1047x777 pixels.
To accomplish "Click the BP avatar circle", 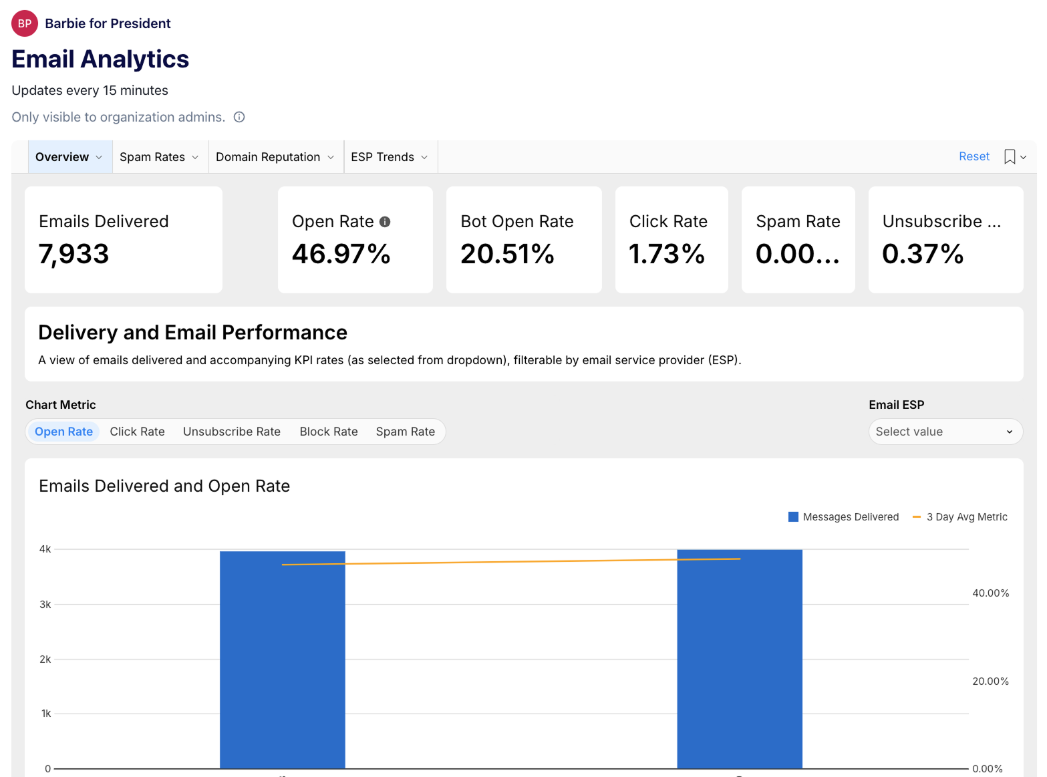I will pyautogui.click(x=25, y=23).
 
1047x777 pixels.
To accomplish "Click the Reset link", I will pyautogui.click(x=974, y=156).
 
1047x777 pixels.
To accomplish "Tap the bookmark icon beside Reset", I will pyautogui.click(x=1010, y=157).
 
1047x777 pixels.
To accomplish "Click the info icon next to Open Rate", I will pyautogui.click(x=385, y=222).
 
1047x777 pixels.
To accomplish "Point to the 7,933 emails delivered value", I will pyautogui.click(x=73, y=254).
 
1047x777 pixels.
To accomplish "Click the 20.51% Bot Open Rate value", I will pyautogui.click(x=507, y=254).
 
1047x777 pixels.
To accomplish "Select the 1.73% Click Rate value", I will pyautogui.click(x=667, y=254).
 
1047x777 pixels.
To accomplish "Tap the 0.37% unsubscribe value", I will pyautogui.click(x=923, y=254).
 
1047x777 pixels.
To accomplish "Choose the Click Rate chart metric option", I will pyautogui.click(x=137, y=432).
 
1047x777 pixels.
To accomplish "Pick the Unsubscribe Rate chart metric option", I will pyautogui.click(x=231, y=432).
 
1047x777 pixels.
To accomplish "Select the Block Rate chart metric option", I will pyautogui.click(x=329, y=432).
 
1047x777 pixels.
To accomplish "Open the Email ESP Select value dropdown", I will pyautogui.click(x=945, y=432).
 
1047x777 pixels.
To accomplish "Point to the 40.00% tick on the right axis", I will pyautogui.click(x=990, y=593).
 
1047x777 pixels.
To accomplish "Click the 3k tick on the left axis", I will pyautogui.click(x=45, y=605).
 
